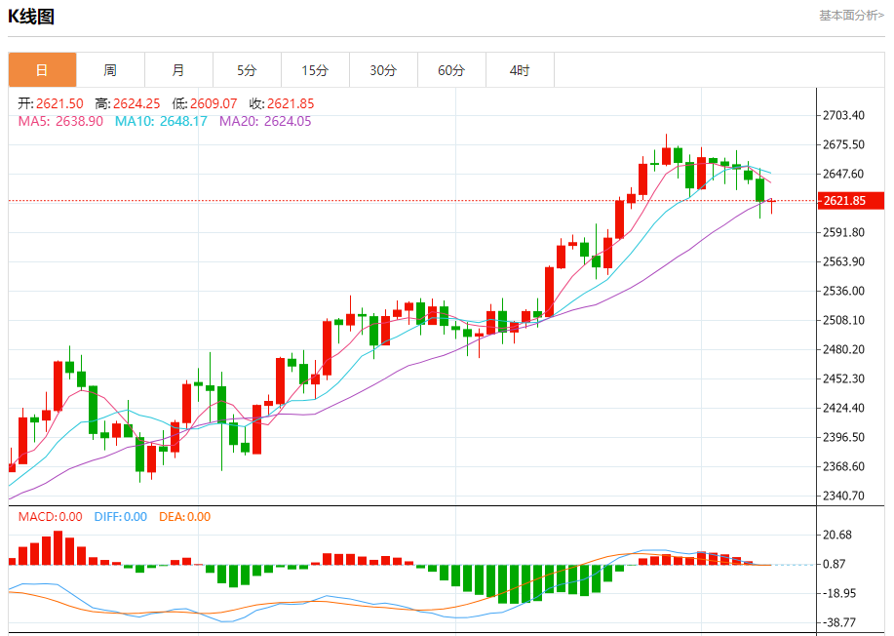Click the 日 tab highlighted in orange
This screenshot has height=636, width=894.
(x=42, y=70)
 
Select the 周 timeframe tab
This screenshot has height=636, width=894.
(x=110, y=70)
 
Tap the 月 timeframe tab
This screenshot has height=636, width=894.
(x=178, y=70)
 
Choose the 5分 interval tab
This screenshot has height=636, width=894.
(x=247, y=70)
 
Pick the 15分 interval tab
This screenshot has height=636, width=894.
(x=315, y=70)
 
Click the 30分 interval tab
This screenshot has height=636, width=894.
(x=383, y=70)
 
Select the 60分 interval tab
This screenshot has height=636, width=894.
(x=451, y=70)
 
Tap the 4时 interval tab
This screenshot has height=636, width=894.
(x=520, y=70)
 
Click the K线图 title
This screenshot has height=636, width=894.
(x=31, y=17)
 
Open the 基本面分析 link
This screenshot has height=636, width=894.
(x=851, y=16)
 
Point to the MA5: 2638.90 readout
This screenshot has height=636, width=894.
(x=60, y=121)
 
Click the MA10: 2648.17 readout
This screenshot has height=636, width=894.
(x=161, y=121)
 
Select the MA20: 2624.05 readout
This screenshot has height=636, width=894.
(x=265, y=121)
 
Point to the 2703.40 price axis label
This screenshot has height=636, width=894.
(x=843, y=116)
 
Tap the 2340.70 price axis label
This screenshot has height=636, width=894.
(x=843, y=496)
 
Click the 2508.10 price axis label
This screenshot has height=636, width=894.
(x=843, y=320)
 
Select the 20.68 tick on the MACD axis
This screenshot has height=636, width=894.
(x=838, y=535)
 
